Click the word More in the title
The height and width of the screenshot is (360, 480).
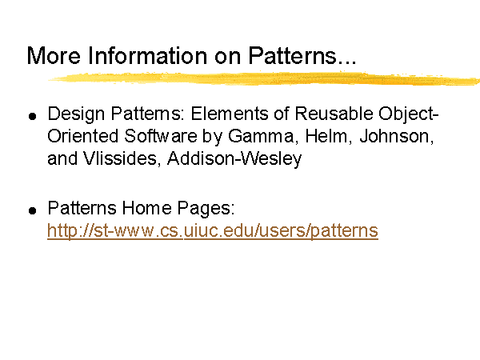(x=54, y=56)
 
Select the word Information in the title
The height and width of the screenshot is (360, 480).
(x=148, y=55)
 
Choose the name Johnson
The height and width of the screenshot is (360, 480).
(x=397, y=136)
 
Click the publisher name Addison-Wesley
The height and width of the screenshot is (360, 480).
(x=234, y=158)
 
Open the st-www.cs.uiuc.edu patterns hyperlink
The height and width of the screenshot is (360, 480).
(x=213, y=230)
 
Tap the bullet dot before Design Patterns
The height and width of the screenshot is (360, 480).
(x=33, y=116)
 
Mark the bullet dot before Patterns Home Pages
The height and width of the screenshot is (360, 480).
(x=33, y=210)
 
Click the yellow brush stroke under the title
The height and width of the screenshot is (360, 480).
(x=264, y=78)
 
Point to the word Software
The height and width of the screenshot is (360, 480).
(x=161, y=136)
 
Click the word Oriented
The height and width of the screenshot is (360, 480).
(x=82, y=136)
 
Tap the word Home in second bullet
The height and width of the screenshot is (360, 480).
(x=146, y=208)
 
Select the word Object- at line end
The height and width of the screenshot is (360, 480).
(x=409, y=114)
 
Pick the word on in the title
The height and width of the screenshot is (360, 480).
(x=227, y=57)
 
